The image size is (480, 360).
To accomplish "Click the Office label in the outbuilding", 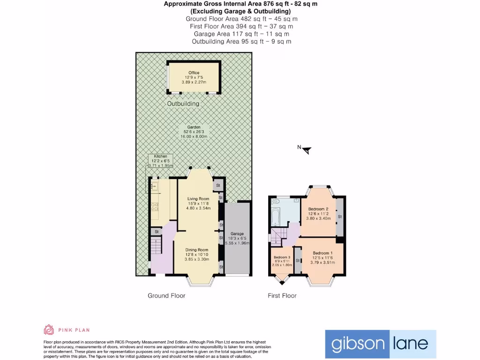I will pyautogui.click(x=194, y=77).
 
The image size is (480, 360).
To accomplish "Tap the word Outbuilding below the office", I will pyautogui.click(x=183, y=104).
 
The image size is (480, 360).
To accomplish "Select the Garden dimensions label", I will pyautogui.click(x=194, y=132).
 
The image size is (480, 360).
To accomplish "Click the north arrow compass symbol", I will pyautogui.click(x=306, y=150).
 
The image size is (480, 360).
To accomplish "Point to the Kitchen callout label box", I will pyautogui.click(x=160, y=161).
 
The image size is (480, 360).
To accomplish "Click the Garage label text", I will pyautogui.click(x=237, y=238).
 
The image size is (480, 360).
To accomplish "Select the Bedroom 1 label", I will pyautogui.click(x=322, y=258).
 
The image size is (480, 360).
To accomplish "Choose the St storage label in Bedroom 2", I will pyautogui.click(x=340, y=217).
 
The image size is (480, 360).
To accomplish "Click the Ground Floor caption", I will pyautogui.click(x=166, y=296).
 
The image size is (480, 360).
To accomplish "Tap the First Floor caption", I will pyautogui.click(x=282, y=296).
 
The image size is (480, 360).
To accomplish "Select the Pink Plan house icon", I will pyautogui.click(x=49, y=330).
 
